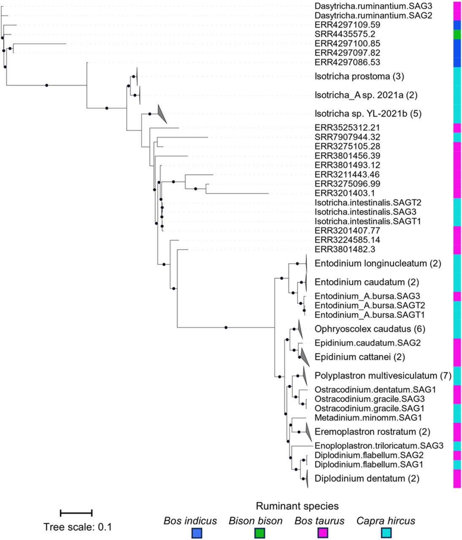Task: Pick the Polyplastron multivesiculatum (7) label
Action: point(383,375)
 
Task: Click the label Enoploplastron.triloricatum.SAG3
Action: point(379,445)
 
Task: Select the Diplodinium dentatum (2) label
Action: point(367,478)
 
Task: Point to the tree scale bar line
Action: point(76,513)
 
